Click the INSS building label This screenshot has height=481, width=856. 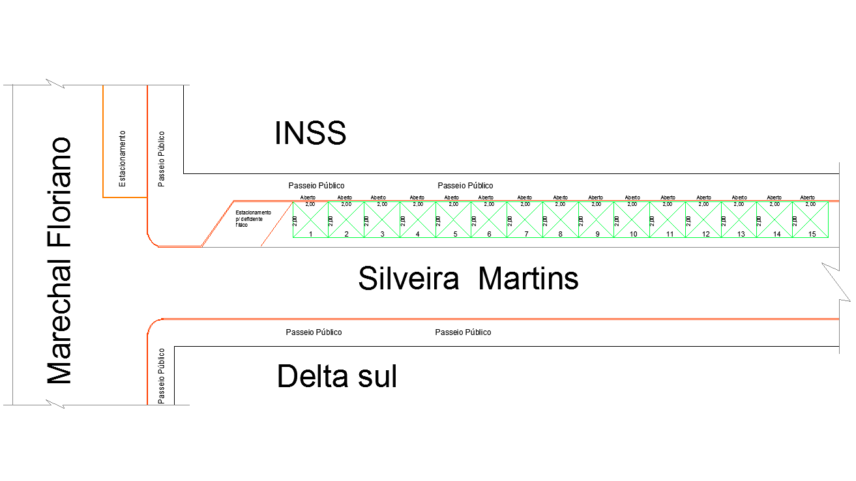tap(310, 134)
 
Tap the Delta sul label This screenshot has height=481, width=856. tap(337, 377)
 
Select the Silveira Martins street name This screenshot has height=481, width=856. tap(468, 279)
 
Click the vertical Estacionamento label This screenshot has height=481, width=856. tap(122, 158)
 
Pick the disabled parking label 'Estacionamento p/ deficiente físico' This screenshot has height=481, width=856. tap(253, 218)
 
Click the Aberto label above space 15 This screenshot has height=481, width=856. tap(808, 197)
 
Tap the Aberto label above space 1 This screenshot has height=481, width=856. tap(308, 197)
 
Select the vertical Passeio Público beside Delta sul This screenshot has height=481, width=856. tap(162, 375)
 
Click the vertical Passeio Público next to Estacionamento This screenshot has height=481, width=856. tap(162, 158)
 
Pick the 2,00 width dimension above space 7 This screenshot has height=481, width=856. tap(525, 204)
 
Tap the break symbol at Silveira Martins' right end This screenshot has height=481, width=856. tap(834, 282)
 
